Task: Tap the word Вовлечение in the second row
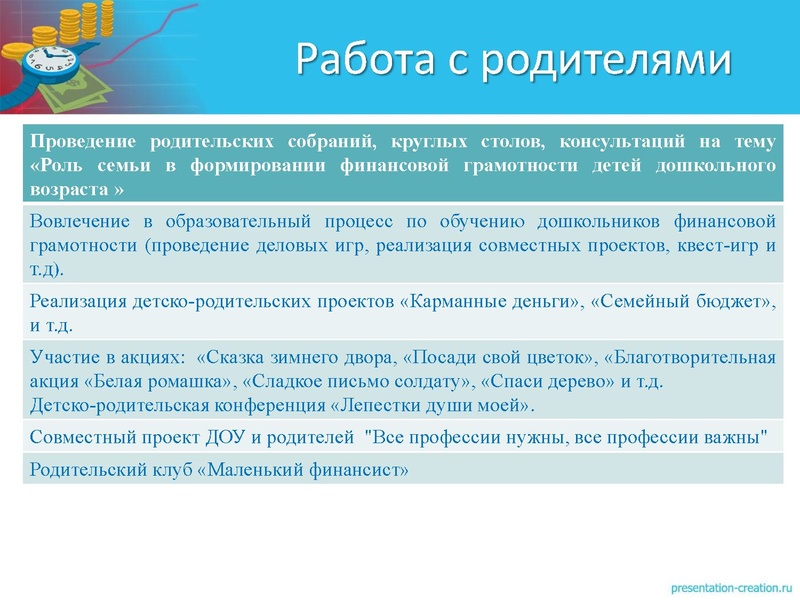78,221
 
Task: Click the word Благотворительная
690,358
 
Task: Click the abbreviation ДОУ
217,437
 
